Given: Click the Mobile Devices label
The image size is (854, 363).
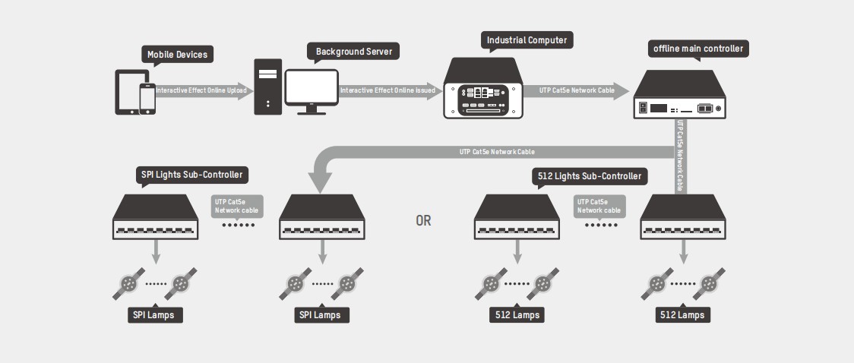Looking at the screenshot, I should pyautogui.click(x=177, y=55).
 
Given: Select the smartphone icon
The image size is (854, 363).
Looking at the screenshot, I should pyautogui.click(x=147, y=99).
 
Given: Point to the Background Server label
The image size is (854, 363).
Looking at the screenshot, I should pyautogui.click(x=353, y=52).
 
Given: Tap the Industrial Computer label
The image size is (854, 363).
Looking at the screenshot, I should pyautogui.click(x=527, y=40).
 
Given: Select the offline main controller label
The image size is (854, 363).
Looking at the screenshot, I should pyautogui.click(x=698, y=49).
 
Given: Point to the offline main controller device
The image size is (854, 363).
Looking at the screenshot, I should pyautogui.click(x=679, y=95).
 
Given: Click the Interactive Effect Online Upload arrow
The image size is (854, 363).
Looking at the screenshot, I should pyautogui.click(x=201, y=90).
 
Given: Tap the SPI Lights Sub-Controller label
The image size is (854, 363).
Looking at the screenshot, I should pyautogui.click(x=192, y=175).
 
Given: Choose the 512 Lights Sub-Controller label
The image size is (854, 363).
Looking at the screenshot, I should pyautogui.click(x=588, y=176).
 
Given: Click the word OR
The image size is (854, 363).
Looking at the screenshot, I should pyautogui.click(x=423, y=221).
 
